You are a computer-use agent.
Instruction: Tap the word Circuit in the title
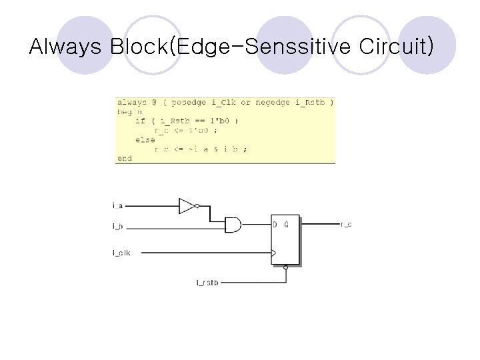[391, 47]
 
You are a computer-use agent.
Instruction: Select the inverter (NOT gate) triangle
[187, 206]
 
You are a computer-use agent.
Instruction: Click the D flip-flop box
[285, 240]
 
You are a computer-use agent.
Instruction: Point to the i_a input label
[117, 206]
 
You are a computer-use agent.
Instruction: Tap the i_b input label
[117, 227]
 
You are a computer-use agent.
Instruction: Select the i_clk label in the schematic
[121, 253]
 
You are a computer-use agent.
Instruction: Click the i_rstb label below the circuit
[207, 283]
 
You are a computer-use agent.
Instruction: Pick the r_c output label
[346, 224]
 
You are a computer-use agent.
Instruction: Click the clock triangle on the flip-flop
[273, 253]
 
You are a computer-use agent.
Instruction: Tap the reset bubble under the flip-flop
[285, 267]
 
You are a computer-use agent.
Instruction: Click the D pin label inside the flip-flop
[275, 224]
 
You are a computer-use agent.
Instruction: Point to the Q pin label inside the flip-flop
[286, 224]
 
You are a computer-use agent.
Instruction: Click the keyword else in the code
[145, 140]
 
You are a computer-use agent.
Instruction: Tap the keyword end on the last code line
[125, 159]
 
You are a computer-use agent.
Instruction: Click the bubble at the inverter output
[197, 206]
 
